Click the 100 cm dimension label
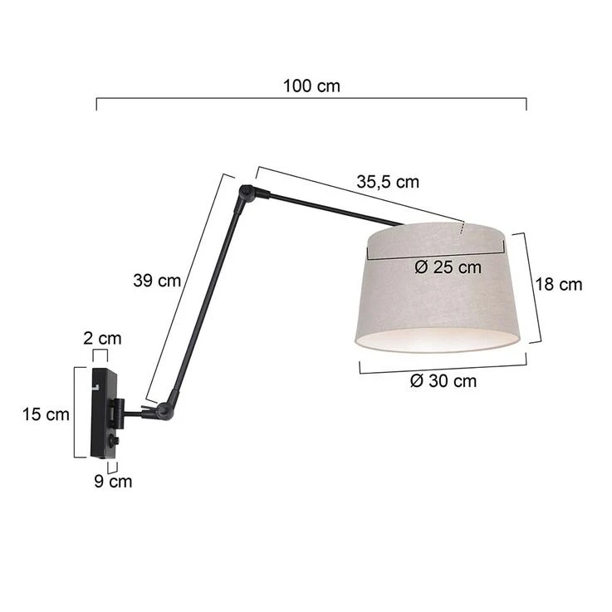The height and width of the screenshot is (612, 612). [x=311, y=86]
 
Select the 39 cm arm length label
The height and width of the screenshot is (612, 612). [x=157, y=281]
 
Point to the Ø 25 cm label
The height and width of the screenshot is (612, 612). [x=447, y=267]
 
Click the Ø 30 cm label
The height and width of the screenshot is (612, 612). [x=443, y=381]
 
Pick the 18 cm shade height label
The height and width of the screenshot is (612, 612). [x=559, y=285]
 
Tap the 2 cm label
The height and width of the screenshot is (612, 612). [x=103, y=338]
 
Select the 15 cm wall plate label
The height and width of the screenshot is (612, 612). [x=46, y=414]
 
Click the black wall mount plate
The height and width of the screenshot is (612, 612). [x=103, y=413]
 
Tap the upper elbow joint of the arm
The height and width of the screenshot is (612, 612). [x=247, y=195]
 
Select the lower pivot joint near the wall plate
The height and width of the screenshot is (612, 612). [x=164, y=409]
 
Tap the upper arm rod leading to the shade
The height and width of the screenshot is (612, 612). [x=332, y=209]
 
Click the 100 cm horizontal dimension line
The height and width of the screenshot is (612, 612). [x=311, y=99]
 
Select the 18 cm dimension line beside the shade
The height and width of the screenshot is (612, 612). [x=531, y=286]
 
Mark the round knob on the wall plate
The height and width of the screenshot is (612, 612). [x=114, y=440]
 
